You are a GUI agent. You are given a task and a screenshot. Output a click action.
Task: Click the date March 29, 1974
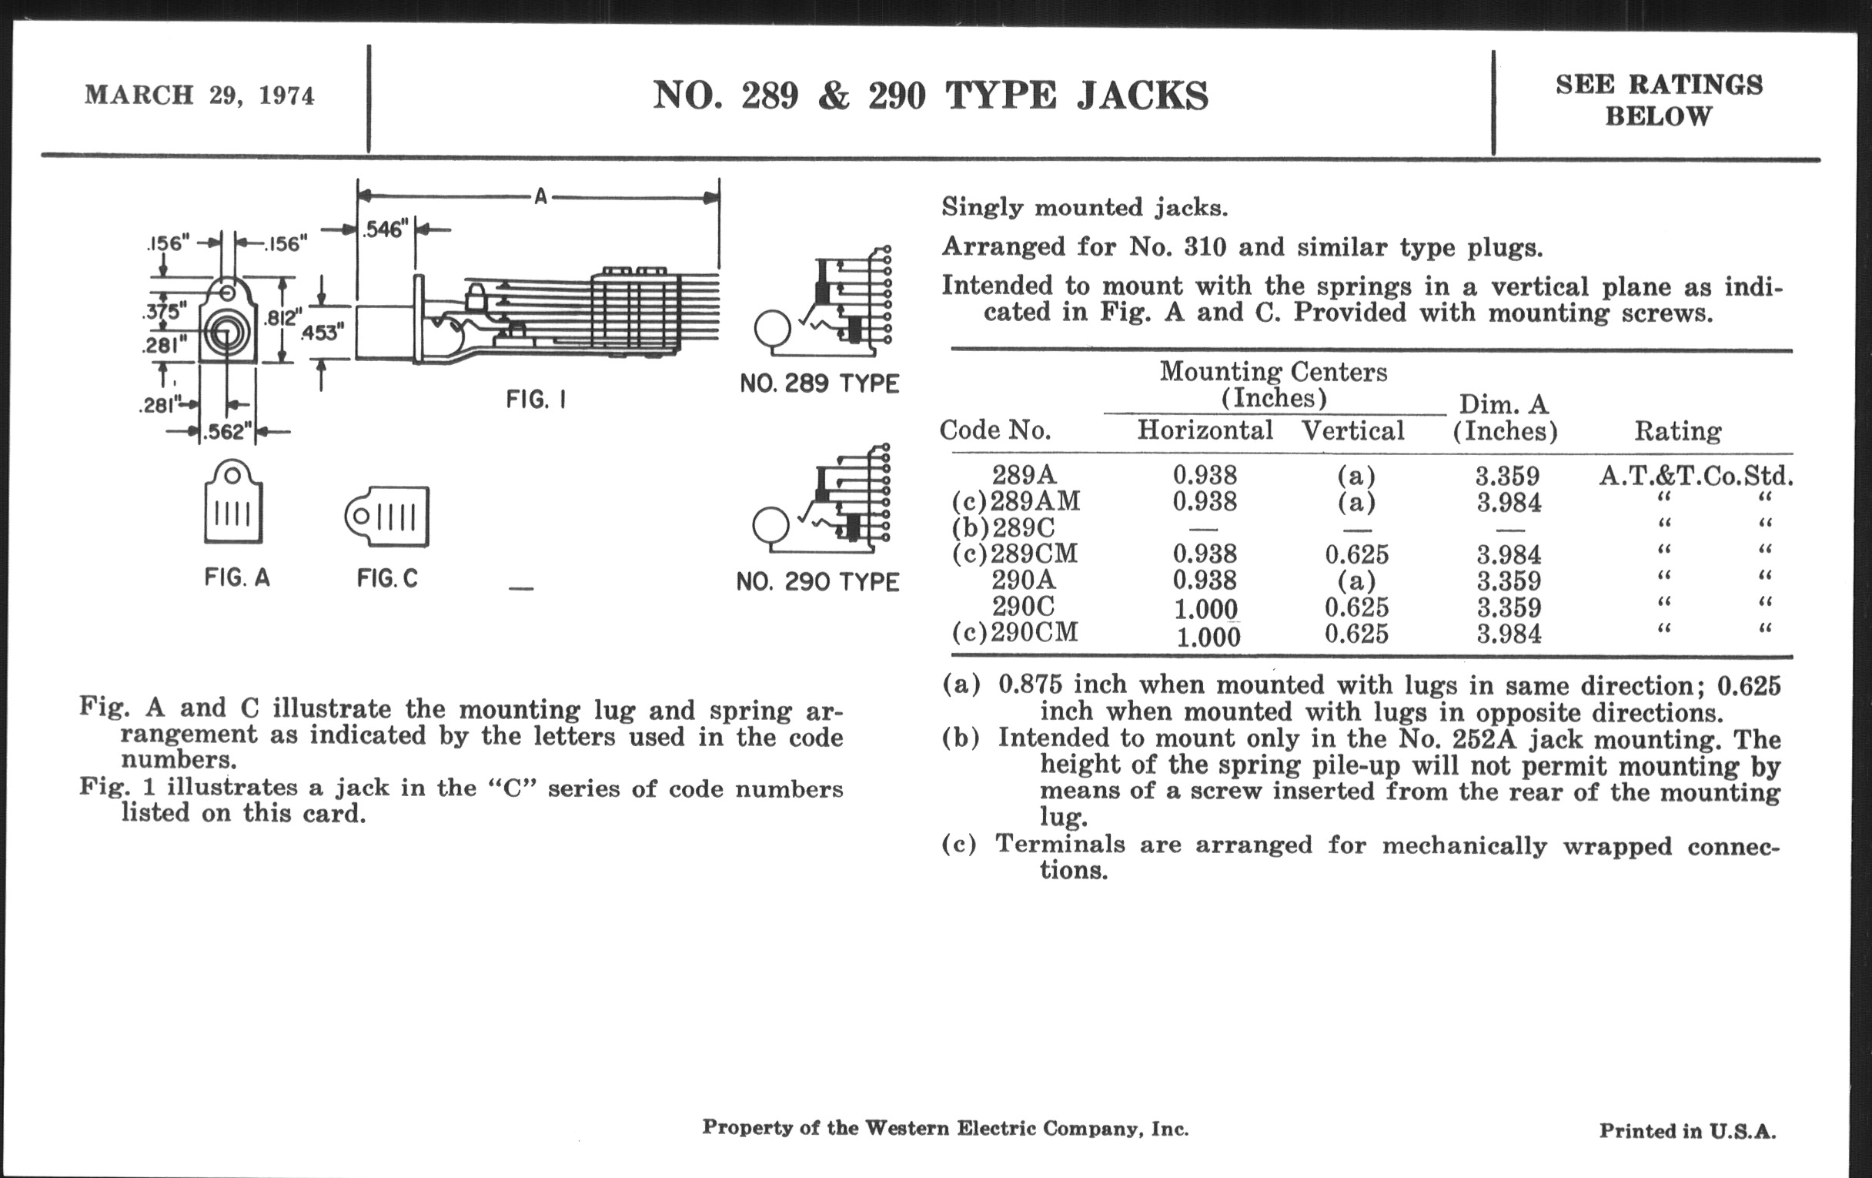pyautogui.click(x=200, y=95)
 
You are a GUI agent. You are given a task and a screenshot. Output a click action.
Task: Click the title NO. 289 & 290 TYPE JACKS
pyautogui.click(x=930, y=95)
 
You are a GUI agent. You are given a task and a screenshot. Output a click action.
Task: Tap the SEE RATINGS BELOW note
pyautogui.click(x=1658, y=100)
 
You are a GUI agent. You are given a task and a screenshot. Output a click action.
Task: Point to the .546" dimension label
pyautogui.click(x=386, y=229)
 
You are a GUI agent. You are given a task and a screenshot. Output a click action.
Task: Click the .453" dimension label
pyautogui.click(x=322, y=332)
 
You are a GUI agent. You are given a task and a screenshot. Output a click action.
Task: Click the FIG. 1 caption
pyautogui.click(x=536, y=400)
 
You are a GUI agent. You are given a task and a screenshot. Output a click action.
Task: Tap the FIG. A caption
pyautogui.click(x=237, y=577)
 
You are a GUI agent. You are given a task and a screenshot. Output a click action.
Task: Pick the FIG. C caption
pyautogui.click(x=387, y=578)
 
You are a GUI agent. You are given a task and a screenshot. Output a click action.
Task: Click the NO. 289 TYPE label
pyautogui.click(x=820, y=383)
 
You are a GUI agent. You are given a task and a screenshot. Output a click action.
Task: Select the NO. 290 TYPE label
pyautogui.click(x=817, y=581)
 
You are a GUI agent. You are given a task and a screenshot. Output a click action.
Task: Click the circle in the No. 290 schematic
pyautogui.click(x=771, y=526)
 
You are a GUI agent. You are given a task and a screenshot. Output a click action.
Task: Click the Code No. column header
pyautogui.click(x=995, y=430)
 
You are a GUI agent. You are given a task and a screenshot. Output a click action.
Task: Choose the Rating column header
pyautogui.click(x=1678, y=430)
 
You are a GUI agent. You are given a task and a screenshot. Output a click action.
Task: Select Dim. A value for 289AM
pyautogui.click(x=1508, y=502)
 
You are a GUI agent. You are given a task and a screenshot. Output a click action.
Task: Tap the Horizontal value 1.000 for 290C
pyautogui.click(x=1205, y=608)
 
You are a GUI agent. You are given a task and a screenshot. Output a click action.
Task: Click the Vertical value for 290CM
pyautogui.click(x=1356, y=634)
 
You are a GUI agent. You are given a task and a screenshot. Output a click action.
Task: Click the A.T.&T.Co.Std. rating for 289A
pyautogui.click(x=1696, y=476)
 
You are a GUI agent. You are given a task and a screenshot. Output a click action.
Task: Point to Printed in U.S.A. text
pyautogui.click(x=1687, y=1130)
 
